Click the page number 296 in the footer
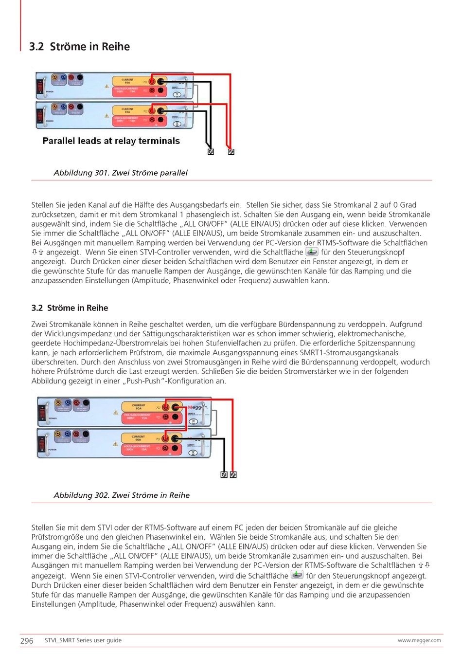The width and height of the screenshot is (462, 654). (27, 641)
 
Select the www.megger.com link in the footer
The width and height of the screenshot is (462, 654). (419, 640)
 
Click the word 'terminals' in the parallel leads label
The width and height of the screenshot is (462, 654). (159, 141)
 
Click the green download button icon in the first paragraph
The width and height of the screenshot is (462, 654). (311, 252)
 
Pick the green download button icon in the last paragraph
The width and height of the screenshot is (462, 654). (297, 575)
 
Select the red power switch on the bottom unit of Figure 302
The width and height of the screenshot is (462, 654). (42, 444)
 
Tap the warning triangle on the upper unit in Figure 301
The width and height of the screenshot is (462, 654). (107, 87)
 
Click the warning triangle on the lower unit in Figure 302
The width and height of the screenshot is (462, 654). (116, 444)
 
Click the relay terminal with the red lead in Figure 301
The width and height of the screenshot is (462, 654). (231, 152)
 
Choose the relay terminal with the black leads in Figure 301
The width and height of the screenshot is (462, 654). (211, 152)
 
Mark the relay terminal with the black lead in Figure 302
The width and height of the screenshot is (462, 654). (224, 474)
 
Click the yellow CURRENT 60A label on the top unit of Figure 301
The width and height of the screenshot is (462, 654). (128, 81)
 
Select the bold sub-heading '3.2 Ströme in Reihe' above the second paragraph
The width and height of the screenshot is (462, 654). (70, 308)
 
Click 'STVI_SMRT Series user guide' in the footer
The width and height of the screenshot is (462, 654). (83, 640)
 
